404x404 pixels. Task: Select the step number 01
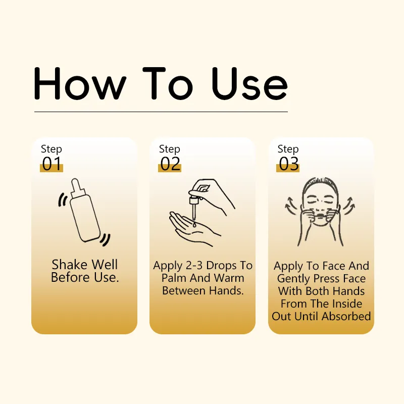click(52, 164)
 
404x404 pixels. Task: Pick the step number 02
click(170, 164)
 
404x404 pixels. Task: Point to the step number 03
click(288, 164)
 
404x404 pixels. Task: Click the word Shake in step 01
click(69, 265)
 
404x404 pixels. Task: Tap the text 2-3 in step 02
click(196, 266)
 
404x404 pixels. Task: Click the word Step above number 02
click(170, 149)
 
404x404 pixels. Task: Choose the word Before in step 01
click(69, 277)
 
